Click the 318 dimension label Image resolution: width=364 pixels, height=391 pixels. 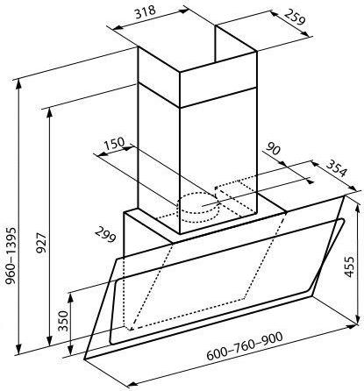click(146, 11)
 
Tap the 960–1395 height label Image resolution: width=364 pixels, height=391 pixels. click(11, 256)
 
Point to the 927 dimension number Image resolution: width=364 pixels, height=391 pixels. click(41, 243)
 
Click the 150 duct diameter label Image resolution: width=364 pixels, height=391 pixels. click(115, 144)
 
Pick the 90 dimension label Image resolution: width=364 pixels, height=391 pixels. click(273, 149)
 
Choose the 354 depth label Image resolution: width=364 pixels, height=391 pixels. click(337, 168)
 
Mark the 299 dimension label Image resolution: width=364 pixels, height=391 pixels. click(105, 235)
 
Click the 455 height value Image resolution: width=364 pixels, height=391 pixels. click(349, 267)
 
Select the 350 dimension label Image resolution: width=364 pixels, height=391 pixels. click(63, 321)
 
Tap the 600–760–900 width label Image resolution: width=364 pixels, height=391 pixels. click(245, 346)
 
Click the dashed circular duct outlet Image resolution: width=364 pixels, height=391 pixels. click(199, 207)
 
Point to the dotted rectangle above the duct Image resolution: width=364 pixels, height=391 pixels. click(236, 199)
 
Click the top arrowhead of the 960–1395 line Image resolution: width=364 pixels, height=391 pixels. click(19, 83)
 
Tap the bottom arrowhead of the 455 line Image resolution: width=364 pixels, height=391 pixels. click(358, 318)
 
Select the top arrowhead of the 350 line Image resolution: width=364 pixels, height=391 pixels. click(70, 298)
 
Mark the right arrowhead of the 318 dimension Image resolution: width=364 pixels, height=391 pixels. click(183, 11)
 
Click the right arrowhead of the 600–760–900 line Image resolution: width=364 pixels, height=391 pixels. click(353, 327)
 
